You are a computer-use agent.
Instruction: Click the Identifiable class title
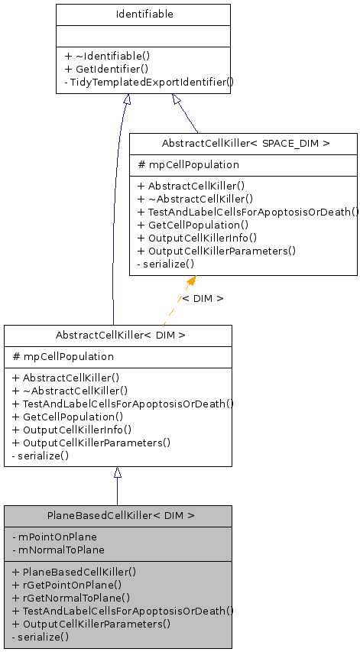click(143, 15)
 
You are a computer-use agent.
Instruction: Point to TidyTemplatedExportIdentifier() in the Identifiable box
click(149, 81)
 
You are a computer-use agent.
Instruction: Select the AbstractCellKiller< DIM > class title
click(121, 335)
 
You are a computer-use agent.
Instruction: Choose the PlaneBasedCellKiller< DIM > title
click(121, 516)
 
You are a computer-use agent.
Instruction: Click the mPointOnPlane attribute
click(55, 537)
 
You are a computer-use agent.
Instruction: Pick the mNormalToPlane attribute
click(59, 550)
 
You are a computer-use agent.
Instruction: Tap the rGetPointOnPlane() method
click(71, 584)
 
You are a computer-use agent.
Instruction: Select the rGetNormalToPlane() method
click(72, 598)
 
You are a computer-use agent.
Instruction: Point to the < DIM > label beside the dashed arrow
click(203, 298)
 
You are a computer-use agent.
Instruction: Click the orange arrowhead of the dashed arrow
click(191, 281)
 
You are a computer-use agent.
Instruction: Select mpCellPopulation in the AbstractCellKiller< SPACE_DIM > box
click(188, 164)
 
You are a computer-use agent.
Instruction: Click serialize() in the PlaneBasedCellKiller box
click(41, 637)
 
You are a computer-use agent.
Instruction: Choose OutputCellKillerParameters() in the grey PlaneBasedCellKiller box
click(92, 624)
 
